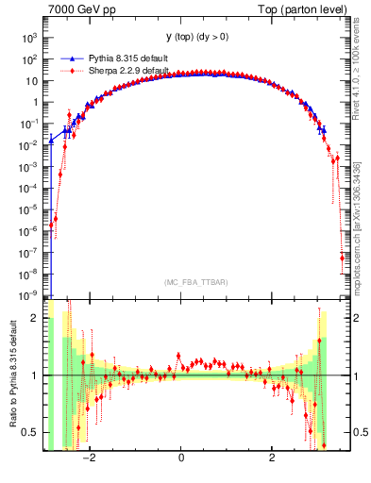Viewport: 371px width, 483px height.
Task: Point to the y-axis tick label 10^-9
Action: click(x=28, y=295)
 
